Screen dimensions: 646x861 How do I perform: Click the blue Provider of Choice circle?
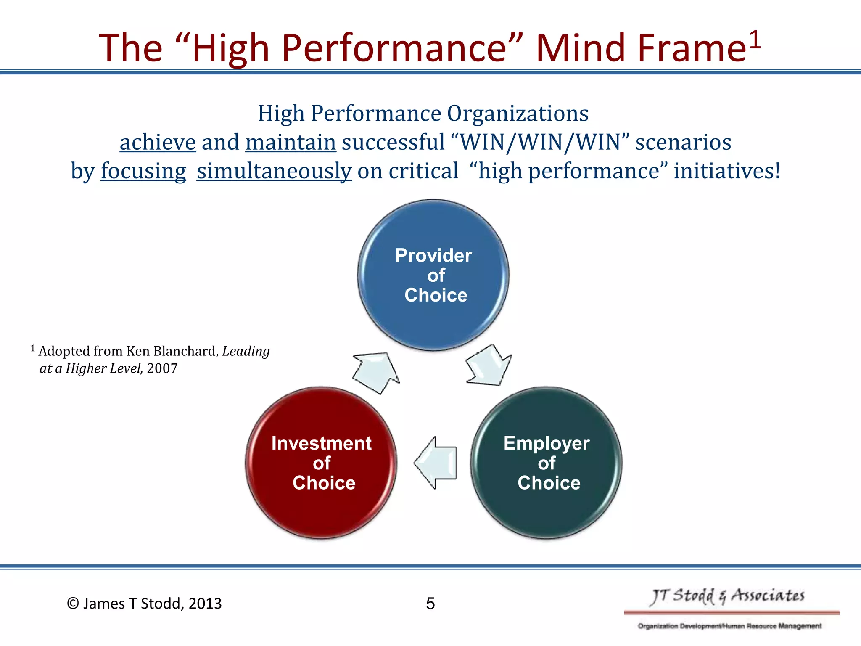433,275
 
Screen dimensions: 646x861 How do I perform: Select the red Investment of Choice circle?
321,463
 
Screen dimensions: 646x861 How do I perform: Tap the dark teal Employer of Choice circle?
546,463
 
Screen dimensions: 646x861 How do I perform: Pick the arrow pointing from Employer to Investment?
436,463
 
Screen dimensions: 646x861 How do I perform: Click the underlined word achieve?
158,142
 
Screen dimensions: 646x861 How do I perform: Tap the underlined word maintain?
291,142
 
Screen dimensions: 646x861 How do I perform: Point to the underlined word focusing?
143,171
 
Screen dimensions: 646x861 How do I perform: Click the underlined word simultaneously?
274,171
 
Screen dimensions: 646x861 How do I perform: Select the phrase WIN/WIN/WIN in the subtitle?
540,142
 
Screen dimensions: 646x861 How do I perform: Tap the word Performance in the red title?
394,48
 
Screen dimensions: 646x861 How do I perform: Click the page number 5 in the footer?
430,604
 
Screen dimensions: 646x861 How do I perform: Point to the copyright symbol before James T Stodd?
73,604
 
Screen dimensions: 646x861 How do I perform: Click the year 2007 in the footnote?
162,368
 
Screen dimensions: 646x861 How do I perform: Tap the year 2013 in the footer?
205,604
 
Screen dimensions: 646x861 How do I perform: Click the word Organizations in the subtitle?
518,114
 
